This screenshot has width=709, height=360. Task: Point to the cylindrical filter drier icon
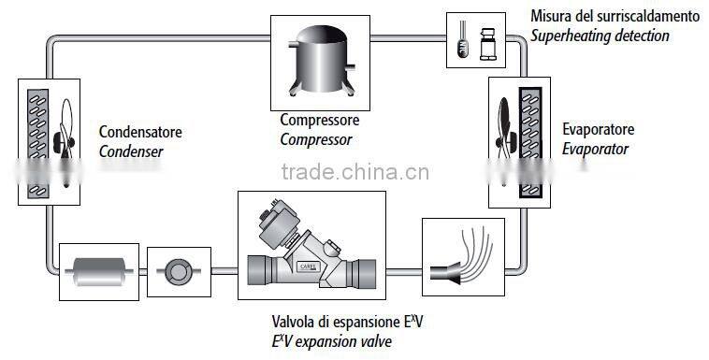coord(99,271)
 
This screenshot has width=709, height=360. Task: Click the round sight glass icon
coord(176,272)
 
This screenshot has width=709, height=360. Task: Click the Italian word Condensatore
coord(139,131)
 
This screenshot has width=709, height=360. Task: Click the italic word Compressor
coord(316,139)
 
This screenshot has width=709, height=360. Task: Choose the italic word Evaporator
coord(595,149)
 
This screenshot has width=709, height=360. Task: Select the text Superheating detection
coord(600,36)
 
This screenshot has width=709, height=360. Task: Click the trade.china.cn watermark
coord(354,172)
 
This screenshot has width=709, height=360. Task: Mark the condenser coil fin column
coord(36,140)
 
